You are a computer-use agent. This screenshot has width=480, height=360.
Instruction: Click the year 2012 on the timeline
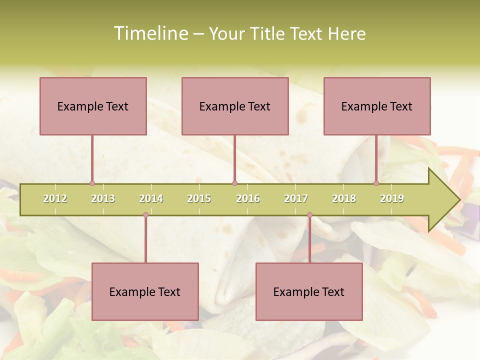tap(55, 198)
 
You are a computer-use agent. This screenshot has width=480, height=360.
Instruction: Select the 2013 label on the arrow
tap(103, 198)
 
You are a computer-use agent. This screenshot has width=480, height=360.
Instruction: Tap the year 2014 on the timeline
tap(151, 198)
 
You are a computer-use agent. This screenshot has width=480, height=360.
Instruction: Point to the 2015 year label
tap(199, 198)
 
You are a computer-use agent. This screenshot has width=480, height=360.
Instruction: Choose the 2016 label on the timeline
tap(248, 198)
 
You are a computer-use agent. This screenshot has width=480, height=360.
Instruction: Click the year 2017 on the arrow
tap(296, 198)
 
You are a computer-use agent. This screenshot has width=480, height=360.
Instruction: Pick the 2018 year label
tap(344, 198)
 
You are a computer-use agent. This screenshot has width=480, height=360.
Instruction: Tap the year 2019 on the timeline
tap(392, 198)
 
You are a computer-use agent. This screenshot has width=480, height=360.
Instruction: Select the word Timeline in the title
tap(150, 33)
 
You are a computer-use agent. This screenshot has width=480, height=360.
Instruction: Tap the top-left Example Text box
tap(93, 106)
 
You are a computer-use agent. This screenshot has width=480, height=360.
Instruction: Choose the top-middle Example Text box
tap(235, 106)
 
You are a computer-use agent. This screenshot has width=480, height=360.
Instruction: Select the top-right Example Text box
tap(377, 106)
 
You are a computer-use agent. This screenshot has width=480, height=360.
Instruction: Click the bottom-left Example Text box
tap(145, 291)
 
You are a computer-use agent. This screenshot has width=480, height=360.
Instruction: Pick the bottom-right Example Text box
tap(309, 291)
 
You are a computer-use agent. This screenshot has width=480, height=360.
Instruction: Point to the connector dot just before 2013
tap(92, 183)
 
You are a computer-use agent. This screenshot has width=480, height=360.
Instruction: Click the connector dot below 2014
tap(145, 215)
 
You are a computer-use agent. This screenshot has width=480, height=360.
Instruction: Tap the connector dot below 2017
tap(309, 215)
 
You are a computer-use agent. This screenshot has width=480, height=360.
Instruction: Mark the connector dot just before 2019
tap(376, 183)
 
